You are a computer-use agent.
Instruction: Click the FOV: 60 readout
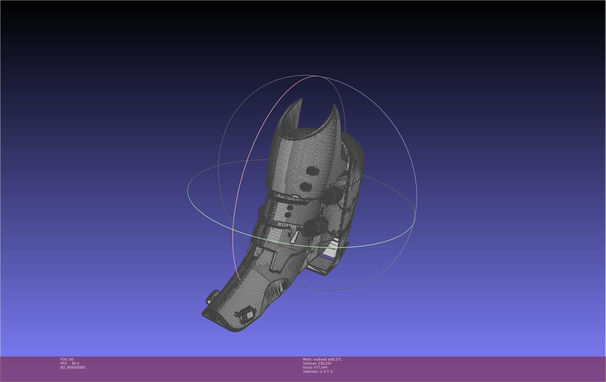coord(67,359)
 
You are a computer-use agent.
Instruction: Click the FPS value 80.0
coord(75,363)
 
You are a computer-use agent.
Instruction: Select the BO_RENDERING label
coord(73,368)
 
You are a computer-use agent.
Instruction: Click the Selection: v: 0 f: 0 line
coord(317,372)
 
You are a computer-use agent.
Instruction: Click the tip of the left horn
coord(302,99)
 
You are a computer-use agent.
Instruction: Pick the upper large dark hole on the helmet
coord(312,171)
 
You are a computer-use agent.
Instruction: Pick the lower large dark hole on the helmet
coord(306,186)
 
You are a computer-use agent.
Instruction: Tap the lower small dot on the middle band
coord(287,215)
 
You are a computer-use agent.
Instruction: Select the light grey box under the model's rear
coord(327,256)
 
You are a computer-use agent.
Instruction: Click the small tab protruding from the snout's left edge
coord(213,296)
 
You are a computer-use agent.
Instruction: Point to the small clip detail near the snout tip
coord(245,314)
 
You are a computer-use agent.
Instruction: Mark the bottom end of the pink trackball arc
coord(239,279)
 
